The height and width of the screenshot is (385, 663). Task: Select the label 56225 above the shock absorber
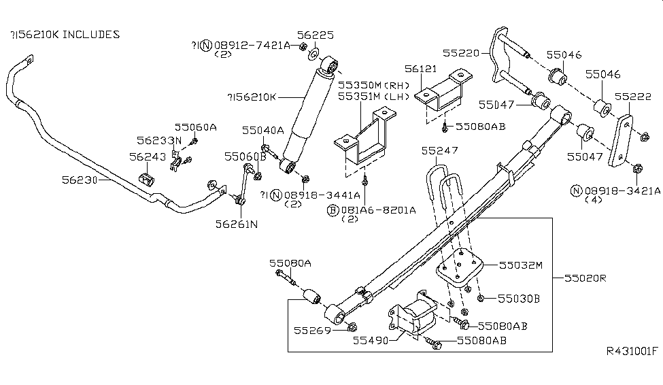tap(315, 34)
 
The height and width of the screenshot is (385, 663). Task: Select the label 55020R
tap(584, 279)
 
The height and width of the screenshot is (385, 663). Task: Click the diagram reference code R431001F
tap(632, 351)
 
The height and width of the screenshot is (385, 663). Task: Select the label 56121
tap(422, 69)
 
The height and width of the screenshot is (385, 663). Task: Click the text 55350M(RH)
tap(372, 86)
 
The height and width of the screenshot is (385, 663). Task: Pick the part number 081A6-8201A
tap(377, 210)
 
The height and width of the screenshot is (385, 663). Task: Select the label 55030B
tap(518, 298)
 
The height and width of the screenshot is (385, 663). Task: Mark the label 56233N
tap(158, 141)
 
